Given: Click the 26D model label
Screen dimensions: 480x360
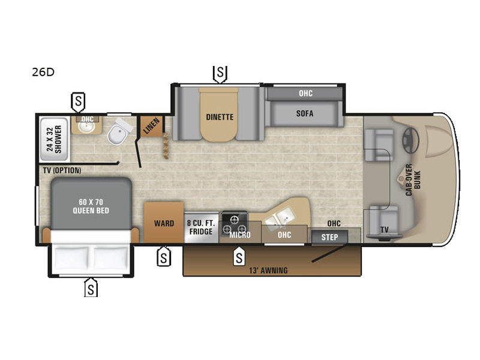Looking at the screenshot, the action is click(x=43, y=72).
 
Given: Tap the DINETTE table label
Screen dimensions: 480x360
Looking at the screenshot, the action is click(x=220, y=117).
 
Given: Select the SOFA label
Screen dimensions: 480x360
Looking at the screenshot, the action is click(x=305, y=113).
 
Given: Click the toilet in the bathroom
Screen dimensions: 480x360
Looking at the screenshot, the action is click(x=119, y=132).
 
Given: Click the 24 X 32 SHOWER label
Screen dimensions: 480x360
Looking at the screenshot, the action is click(x=54, y=139).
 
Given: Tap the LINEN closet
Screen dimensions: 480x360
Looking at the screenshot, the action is click(x=151, y=126).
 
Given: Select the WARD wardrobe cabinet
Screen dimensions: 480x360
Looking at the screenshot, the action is click(x=164, y=223).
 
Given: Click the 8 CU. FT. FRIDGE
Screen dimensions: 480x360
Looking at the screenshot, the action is click(x=201, y=227).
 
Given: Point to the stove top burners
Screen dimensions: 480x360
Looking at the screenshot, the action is click(x=235, y=224).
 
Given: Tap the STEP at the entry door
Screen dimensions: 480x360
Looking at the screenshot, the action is click(x=329, y=237).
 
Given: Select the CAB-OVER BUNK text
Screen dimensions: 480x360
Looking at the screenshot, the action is click(x=413, y=179).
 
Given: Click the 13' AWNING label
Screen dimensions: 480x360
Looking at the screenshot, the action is click(x=268, y=271).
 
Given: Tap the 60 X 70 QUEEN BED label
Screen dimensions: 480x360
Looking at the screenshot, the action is click(x=91, y=206).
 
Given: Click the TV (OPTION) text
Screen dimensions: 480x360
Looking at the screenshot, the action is click(x=62, y=170).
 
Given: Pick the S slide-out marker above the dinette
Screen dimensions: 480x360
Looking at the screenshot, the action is click(x=220, y=73).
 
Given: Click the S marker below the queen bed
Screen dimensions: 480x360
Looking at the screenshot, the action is click(x=91, y=288).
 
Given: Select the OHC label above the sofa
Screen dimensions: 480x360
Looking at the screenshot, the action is click(x=305, y=94).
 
